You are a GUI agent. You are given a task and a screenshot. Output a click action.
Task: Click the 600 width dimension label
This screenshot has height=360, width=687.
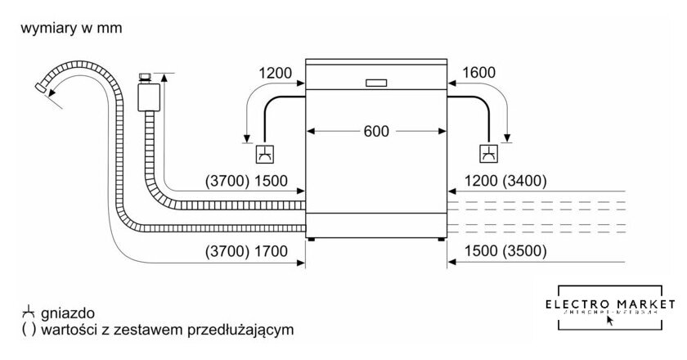click(x=377, y=130)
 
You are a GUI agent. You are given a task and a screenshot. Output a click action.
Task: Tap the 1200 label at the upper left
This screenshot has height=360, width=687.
click(x=275, y=74)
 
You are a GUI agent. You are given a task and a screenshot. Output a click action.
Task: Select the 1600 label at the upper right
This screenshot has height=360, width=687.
click(x=478, y=74)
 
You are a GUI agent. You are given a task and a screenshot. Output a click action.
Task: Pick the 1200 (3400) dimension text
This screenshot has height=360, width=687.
click(x=507, y=182)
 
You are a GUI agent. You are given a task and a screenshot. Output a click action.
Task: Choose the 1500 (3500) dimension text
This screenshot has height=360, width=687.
click(x=507, y=253)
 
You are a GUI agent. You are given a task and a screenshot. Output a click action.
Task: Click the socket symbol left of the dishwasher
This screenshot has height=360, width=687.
click(x=266, y=152)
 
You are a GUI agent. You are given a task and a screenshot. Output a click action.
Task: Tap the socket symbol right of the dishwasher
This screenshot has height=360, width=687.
click(x=488, y=152)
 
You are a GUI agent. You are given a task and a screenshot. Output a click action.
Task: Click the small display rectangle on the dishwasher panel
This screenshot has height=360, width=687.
click(x=377, y=82)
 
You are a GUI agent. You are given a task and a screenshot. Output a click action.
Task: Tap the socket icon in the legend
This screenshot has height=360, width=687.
click(x=29, y=313)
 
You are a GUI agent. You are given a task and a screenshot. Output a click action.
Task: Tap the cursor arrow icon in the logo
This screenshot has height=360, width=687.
click(x=608, y=320)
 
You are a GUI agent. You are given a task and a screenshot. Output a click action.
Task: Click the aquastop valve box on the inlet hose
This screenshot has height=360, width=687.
click(x=148, y=95)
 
